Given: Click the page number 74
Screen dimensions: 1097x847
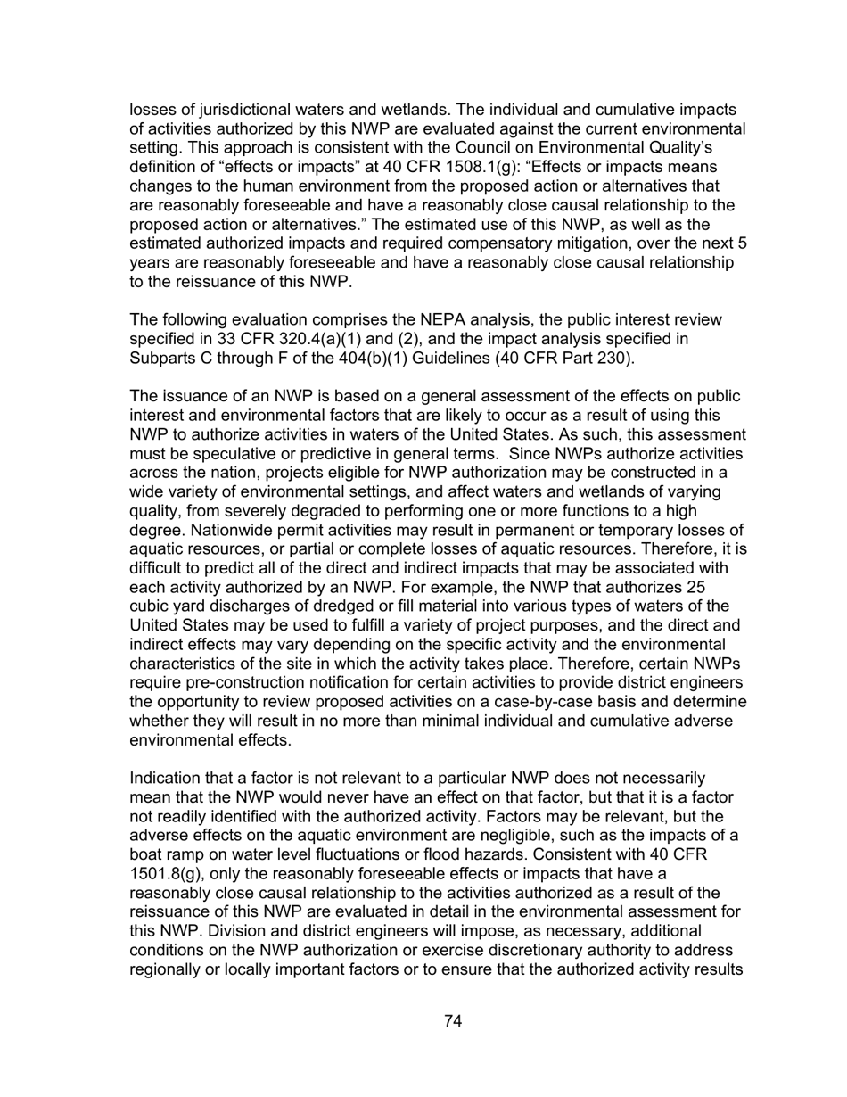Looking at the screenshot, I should pos(452,1021).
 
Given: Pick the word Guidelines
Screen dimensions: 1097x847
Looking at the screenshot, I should pos(471,358).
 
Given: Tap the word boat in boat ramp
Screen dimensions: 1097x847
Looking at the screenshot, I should pos(147,854).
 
